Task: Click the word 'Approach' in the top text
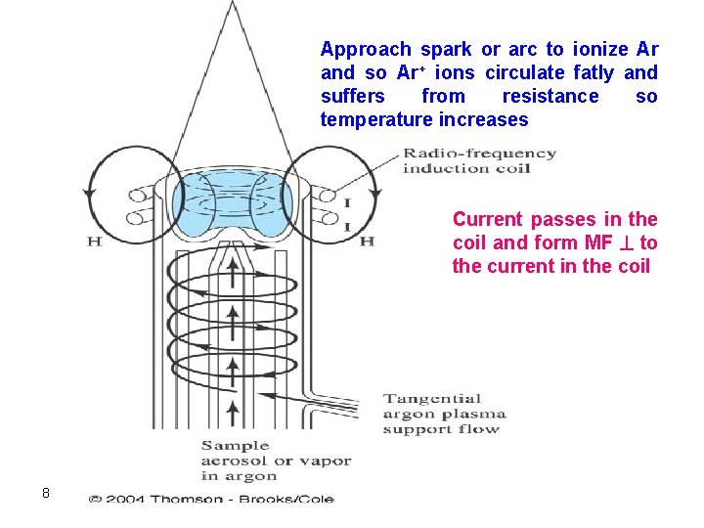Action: (366, 49)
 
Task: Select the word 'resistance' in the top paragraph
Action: (550, 96)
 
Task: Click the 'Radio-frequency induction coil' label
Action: (479, 160)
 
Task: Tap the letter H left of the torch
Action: (95, 241)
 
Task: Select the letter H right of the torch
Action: (367, 241)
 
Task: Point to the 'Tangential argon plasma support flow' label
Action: (442, 413)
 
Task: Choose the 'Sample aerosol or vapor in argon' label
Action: (275, 461)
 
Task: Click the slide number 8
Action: (46, 492)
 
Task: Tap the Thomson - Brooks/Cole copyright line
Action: (211, 499)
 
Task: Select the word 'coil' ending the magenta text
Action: (633, 266)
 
